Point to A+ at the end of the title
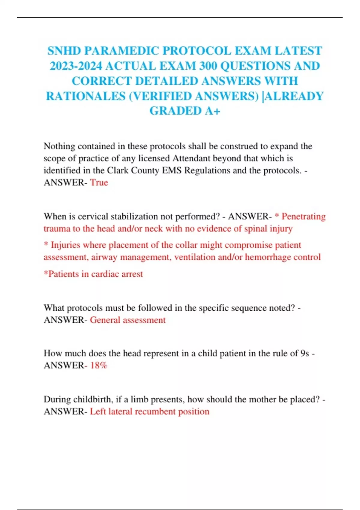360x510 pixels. [213, 111]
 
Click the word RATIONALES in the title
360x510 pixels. [85, 96]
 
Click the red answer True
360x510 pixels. [99, 182]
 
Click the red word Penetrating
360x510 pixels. [303, 216]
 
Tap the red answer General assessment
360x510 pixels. [128, 320]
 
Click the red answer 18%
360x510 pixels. [99, 365]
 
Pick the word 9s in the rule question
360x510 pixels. [304, 353]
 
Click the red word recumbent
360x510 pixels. [155, 411]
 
